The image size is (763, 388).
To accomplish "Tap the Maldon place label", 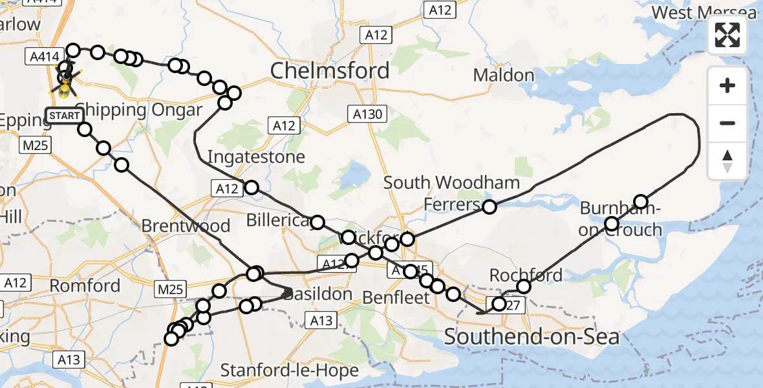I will coord(504,75).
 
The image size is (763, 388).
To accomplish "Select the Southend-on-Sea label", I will coord(532,336).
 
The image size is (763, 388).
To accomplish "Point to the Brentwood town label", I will coord(186,226).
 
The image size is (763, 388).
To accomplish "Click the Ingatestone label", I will coord(256,157).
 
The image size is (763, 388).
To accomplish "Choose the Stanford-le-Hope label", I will coord(290,371).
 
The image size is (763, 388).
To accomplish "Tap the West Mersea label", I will coord(704,13).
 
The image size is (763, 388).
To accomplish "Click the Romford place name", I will coord(85,285).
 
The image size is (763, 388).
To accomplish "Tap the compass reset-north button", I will coord(727,161).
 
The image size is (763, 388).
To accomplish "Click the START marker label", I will coord(65,116).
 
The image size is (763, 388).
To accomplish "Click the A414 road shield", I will coord(40,57).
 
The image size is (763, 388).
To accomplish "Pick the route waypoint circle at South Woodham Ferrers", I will coord(489,207).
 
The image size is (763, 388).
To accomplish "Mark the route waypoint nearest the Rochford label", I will coord(524,286).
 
